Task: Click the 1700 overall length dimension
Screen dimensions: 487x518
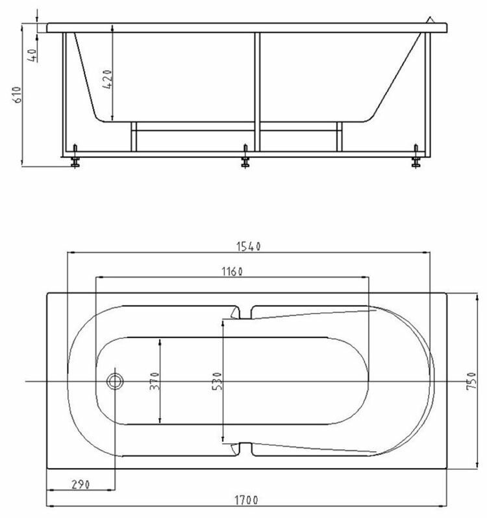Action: pos(246,500)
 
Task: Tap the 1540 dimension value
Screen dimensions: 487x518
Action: pos(249,247)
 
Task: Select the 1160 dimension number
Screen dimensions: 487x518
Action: pos(232,271)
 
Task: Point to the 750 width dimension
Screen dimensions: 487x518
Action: pos(471,380)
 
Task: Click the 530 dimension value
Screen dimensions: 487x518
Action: pos(217,381)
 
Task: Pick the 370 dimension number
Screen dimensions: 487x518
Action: pos(155,381)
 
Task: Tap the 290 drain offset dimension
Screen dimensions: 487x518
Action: pos(81,484)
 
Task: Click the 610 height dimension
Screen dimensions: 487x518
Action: pos(17,95)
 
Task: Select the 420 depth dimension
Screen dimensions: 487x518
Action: pos(107,79)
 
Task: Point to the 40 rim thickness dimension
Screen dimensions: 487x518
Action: pos(32,55)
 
